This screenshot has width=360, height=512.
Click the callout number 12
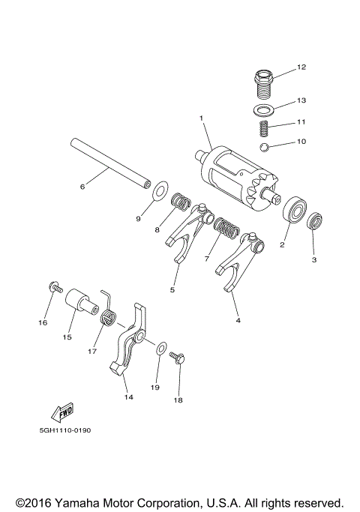301,67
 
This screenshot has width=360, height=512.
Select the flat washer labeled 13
262,109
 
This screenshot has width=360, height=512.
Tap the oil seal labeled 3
316,222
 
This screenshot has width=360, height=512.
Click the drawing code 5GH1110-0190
63,430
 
